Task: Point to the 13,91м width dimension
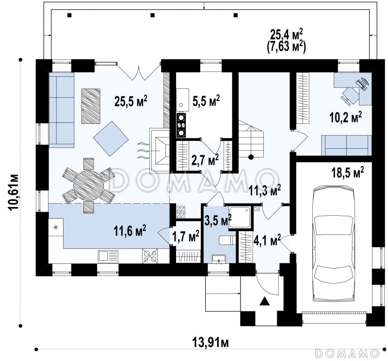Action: click(x=210, y=343)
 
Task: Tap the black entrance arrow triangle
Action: click(x=265, y=302)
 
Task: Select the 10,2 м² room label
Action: click(x=345, y=117)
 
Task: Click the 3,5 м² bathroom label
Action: click(x=219, y=220)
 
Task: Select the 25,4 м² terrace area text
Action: click(x=286, y=34)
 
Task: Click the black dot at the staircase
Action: click(x=251, y=157)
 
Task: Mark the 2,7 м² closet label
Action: click(x=205, y=160)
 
